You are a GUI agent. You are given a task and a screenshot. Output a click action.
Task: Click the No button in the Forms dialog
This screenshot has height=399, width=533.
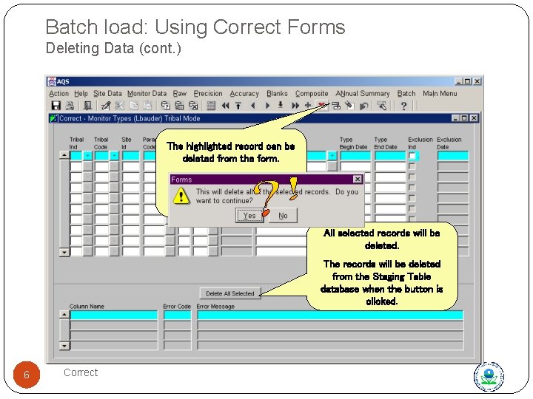pyautogui.click(x=283, y=216)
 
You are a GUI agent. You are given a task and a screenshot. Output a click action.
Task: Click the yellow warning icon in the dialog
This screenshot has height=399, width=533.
pyautogui.click(x=181, y=196)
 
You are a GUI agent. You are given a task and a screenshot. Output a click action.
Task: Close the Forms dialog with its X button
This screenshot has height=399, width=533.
pyautogui.click(x=358, y=179)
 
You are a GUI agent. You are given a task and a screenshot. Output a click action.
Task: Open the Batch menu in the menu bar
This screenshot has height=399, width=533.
pyautogui.click(x=406, y=94)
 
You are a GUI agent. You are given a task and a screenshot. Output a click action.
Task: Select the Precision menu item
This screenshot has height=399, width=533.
pyautogui.click(x=208, y=94)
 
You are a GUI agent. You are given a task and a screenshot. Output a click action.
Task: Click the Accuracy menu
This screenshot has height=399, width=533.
pyautogui.click(x=244, y=94)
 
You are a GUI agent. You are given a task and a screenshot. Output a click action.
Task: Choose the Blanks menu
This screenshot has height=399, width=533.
pyautogui.click(x=277, y=94)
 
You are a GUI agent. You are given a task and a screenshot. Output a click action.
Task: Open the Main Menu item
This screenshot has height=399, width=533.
pyautogui.click(x=440, y=94)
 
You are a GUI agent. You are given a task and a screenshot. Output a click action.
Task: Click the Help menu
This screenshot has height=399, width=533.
pyautogui.click(x=81, y=94)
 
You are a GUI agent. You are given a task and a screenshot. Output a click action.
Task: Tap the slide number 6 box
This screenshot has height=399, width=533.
pyautogui.click(x=27, y=375)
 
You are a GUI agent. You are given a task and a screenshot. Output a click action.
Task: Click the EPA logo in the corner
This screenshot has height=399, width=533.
pyautogui.click(x=489, y=376)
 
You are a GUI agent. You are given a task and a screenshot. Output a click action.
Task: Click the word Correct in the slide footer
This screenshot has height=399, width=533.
pyautogui.click(x=81, y=372)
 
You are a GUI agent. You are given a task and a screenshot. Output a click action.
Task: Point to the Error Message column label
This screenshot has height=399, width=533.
pyautogui.click(x=215, y=307)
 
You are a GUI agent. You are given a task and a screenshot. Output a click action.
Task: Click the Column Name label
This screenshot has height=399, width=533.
pyautogui.click(x=87, y=307)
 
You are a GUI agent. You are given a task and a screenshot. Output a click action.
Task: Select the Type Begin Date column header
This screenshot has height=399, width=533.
pyautogui.click(x=353, y=143)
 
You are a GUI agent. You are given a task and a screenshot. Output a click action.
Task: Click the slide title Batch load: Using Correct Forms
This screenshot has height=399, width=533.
pyautogui.click(x=195, y=27)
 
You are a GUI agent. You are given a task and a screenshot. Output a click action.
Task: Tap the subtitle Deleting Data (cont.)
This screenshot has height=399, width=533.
pyautogui.click(x=113, y=50)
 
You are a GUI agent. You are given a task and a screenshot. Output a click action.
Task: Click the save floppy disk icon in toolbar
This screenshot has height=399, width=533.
pyautogui.click(x=56, y=106)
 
